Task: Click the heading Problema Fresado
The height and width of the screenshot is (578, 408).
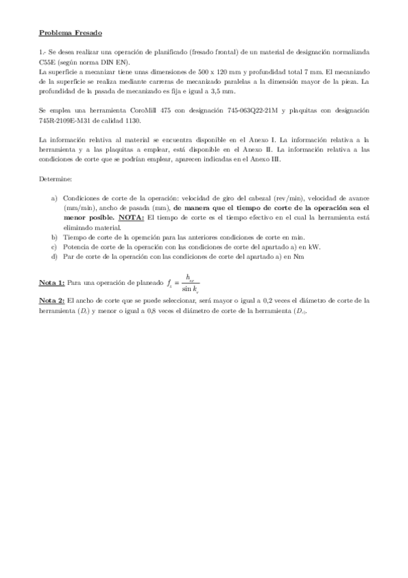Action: (72, 32)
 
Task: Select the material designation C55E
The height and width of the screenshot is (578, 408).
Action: (49, 61)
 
